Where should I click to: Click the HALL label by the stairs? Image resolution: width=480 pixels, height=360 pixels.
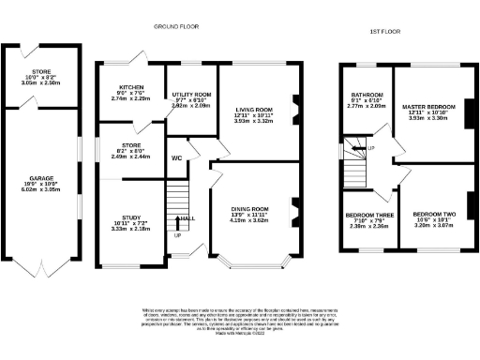187,218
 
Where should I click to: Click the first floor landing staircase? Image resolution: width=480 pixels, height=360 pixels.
354,163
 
